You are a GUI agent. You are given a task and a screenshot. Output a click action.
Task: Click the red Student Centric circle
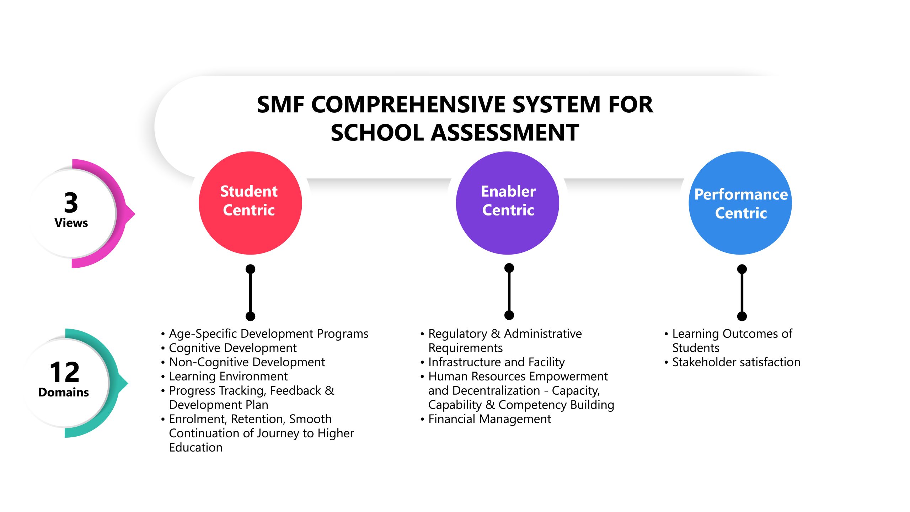coord(250,203)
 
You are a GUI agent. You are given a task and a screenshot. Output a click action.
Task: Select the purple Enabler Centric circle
coord(507,203)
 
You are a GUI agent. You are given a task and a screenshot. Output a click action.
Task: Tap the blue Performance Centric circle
coord(740,203)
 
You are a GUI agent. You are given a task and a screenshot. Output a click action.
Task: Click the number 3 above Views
coord(71,202)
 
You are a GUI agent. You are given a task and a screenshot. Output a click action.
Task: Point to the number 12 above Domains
coord(64,372)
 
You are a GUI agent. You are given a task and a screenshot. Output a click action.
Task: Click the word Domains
coord(64,392)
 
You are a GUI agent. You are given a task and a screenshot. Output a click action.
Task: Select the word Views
coord(71,223)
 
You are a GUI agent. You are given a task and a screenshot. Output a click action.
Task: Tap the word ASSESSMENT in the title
coord(506,133)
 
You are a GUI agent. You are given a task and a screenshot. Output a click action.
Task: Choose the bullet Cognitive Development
coord(232,348)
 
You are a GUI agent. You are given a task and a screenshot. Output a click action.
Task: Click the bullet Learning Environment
coord(228,376)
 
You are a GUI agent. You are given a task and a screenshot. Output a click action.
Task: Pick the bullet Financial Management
coord(489,419)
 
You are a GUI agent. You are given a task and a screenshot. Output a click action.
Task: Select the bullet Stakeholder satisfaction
coord(736,362)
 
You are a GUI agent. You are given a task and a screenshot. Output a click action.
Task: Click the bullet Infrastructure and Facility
coord(496,362)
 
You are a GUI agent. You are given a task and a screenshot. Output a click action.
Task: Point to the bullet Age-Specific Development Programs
coord(268,334)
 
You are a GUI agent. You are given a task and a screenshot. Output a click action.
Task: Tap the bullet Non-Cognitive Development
coord(247,362)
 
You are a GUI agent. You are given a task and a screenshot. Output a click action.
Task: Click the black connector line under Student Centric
coord(250,292)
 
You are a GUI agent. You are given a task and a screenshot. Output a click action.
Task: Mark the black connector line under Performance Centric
coord(742,292)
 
